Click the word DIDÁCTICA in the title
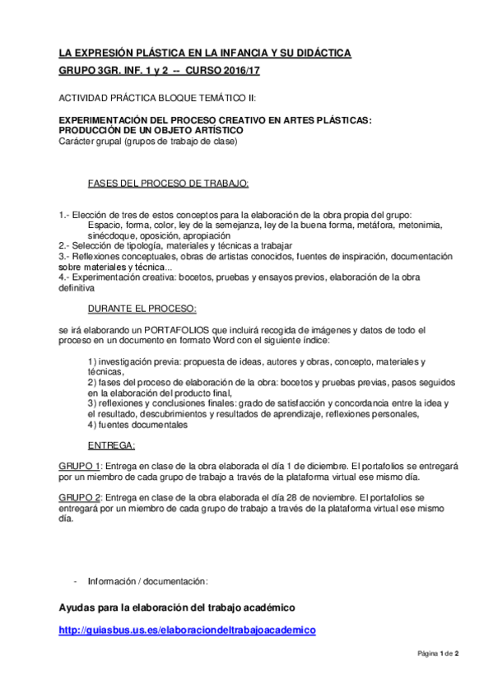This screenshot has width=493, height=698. click(322, 54)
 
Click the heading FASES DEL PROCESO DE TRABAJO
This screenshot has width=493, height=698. click(169, 183)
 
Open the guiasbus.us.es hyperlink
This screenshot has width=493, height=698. click(188, 630)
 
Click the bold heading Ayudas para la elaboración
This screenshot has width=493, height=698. click(176, 608)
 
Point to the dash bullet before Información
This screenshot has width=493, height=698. click(76, 581)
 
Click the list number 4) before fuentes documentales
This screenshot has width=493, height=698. click(92, 426)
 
